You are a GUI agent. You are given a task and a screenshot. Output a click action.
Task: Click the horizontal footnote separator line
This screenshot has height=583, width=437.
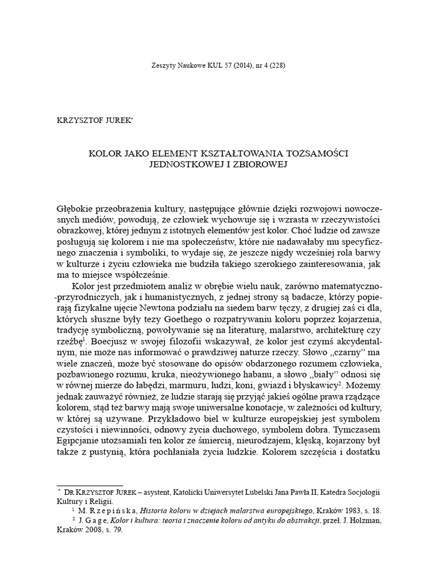pyautogui.click(x=90, y=485)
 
